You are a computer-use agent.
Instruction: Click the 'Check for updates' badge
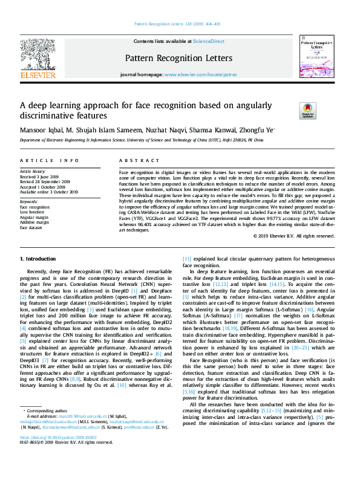(x=307, y=111)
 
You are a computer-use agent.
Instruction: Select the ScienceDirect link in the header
(x=208, y=41)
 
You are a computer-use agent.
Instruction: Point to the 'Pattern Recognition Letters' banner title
(x=178, y=58)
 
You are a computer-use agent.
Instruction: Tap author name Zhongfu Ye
(x=257, y=129)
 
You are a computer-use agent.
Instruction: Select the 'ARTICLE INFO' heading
(x=49, y=160)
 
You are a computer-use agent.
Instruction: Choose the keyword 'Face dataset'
(x=31, y=228)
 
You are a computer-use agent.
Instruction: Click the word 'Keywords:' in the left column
(x=29, y=201)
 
